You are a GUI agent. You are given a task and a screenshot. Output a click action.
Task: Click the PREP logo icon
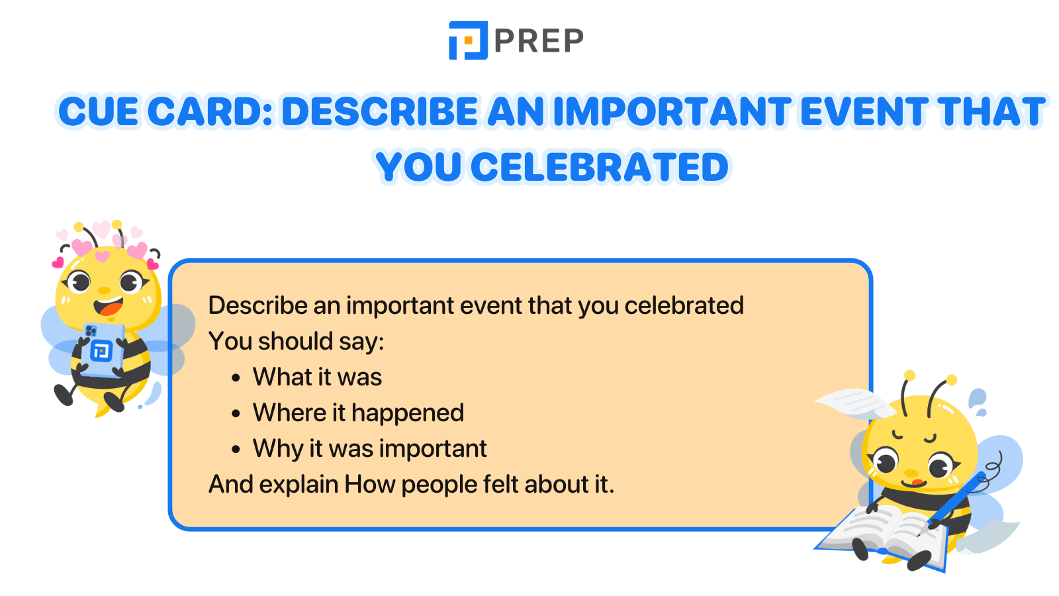(468, 40)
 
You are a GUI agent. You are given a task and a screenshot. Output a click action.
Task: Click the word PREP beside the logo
(539, 41)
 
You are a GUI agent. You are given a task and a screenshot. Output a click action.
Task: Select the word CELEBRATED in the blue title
(599, 167)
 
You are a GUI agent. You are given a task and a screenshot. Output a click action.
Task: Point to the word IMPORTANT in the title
(671, 111)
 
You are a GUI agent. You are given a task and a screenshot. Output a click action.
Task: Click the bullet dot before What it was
(236, 379)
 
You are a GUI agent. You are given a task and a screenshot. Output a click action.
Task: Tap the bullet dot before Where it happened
(236, 415)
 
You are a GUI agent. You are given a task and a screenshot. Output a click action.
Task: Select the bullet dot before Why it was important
(236, 450)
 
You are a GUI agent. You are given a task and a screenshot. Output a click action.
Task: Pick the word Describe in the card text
(258, 306)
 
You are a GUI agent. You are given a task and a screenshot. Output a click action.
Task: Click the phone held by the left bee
(101, 349)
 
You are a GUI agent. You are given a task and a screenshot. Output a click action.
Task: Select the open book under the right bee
(884, 533)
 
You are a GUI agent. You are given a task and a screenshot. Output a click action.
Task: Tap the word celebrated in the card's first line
(684, 306)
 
